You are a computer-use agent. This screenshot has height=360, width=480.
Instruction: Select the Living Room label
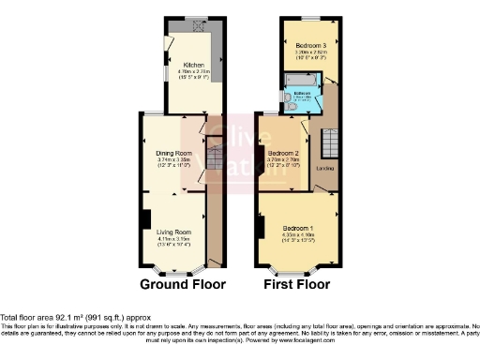click(x=173, y=231)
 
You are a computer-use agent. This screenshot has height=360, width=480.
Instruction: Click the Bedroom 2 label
click(x=282, y=153)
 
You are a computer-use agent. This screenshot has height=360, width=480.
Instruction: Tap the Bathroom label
click(x=302, y=94)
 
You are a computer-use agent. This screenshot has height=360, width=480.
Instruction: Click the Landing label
click(x=325, y=169)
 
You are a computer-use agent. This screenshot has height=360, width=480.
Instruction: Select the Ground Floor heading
click(x=179, y=283)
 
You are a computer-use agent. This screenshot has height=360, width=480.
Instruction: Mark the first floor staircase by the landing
click(x=329, y=143)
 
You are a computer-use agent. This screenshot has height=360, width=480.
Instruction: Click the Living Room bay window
click(x=174, y=271)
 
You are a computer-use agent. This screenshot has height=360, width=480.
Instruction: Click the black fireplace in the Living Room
click(x=144, y=219)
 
